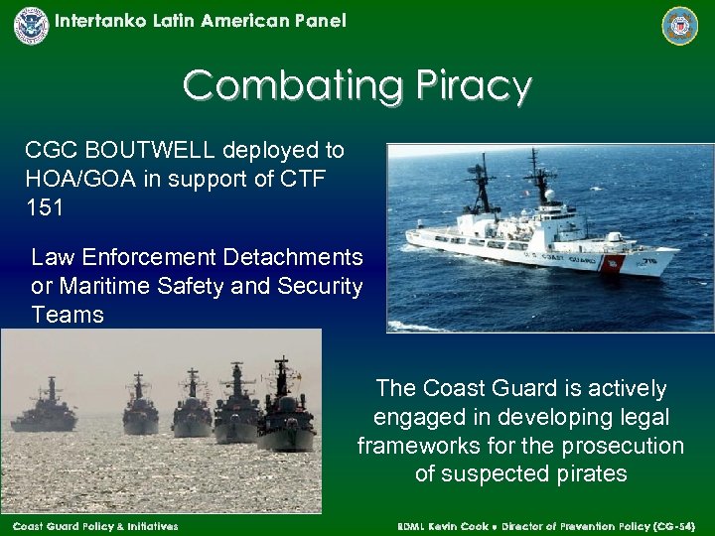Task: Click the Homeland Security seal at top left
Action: (x=31, y=25)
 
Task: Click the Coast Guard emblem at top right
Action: (x=680, y=26)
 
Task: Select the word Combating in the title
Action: (x=293, y=86)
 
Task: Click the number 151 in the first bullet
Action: (x=45, y=208)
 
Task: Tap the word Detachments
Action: (x=293, y=258)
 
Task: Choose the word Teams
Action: (x=68, y=316)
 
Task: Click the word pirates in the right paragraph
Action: (x=585, y=474)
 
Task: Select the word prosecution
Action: (x=626, y=446)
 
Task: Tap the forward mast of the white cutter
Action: (x=542, y=184)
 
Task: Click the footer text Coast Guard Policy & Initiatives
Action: (x=95, y=526)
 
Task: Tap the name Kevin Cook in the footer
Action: (x=456, y=526)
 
